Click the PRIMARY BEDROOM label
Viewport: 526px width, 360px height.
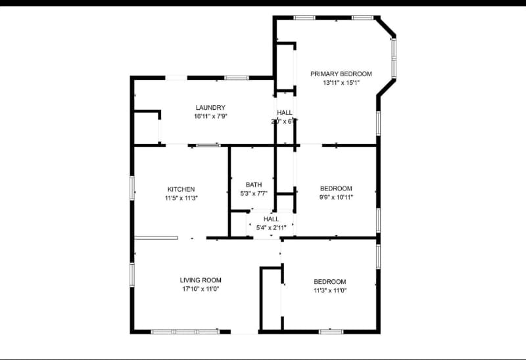(x=341, y=74)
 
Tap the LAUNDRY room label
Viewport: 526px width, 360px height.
(x=210, y=108)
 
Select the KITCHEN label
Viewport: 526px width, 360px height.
(x=181, y=189)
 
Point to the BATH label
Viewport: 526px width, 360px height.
(x=254, y=185)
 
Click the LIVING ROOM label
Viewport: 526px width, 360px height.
(x=201, y=280)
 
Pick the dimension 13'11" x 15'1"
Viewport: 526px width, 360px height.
(x=341, y=83)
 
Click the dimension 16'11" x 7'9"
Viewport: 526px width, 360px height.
(x=210, y=116)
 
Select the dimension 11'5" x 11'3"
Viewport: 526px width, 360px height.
(x=181, y=198)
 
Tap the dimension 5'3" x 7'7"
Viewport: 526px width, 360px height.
(x=254, y=194)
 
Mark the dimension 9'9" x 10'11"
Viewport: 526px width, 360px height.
(x=336, y=197)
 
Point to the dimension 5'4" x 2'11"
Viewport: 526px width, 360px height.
(x=271, y=228)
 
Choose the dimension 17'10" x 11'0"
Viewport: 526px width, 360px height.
(x=201, y=289)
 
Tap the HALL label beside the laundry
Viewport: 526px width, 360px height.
(x=285, y=113)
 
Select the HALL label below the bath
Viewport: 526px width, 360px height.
(x=271, y=219)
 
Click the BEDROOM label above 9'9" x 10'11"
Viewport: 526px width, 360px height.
(x=336, y=189)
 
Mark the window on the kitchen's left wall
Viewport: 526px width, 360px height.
(x=132, y=188)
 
